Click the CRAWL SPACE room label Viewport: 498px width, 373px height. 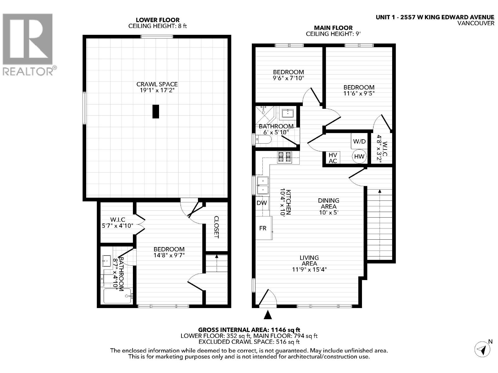point(157,84)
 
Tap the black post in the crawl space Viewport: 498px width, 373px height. point(156,111)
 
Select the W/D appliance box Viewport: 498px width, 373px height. point(359,141)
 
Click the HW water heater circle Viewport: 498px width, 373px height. point(359,156)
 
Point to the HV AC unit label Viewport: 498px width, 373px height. point(333,158)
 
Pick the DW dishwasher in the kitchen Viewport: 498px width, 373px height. point(262,203)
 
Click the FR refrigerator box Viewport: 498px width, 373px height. point(264,228)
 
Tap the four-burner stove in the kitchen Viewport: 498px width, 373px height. point(284,157)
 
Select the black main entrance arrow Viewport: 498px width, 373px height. point(268,315)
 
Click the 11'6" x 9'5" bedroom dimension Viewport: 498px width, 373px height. point(359,93)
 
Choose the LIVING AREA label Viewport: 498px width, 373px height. point(309,260)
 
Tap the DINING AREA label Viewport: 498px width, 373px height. point(328,203)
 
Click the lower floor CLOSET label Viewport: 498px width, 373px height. point(216,227)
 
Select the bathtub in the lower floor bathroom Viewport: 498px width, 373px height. point(118,296)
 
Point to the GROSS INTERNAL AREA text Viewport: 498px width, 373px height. point(249,330)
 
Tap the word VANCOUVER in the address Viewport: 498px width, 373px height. point(476,23)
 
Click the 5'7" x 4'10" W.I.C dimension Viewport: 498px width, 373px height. point(118,226)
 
